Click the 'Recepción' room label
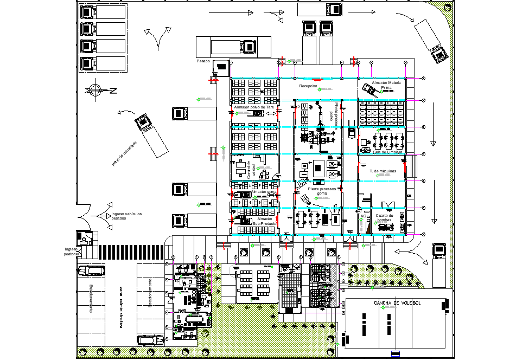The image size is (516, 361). [x=308, y=86]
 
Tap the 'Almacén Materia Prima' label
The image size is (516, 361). [x=386, y=85]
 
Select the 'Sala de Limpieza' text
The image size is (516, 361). [x=387, y=152]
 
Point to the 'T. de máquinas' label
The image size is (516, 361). [x=383, y=171]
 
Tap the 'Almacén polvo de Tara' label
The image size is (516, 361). [x=253, y=107]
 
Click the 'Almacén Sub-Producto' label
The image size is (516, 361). [x=264, y=221]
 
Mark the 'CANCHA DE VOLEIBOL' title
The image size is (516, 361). [x=396, y=303]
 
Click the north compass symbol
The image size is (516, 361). [x=96, y=90]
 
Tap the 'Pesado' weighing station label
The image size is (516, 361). [x=203, y=61]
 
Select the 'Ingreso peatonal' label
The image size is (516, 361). [x=71, y=251]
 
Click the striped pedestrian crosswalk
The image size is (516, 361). [x=131, y=252]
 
